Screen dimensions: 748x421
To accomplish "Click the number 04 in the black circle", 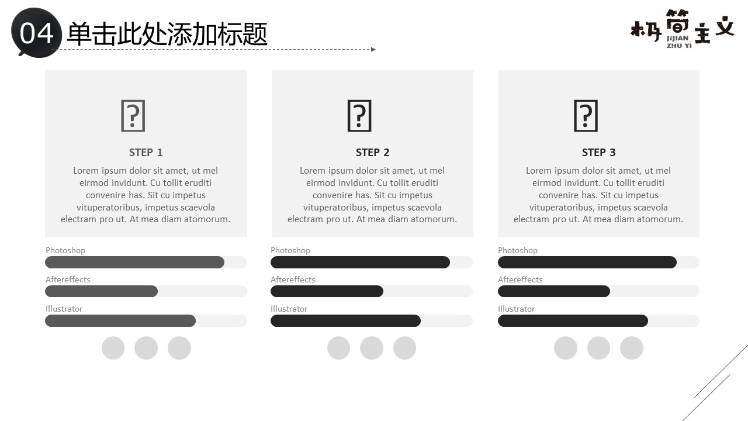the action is pos(36,34).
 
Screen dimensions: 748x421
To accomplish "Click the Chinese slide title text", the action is pos(167,34).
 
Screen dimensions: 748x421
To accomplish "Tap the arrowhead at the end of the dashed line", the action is pos(373,50).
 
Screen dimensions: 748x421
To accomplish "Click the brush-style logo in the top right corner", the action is pos(682,29).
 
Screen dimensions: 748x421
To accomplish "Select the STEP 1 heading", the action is pos(146,153).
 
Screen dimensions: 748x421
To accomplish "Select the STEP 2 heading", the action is pos(372,153).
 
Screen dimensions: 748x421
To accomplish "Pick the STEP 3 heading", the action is pos(599,153).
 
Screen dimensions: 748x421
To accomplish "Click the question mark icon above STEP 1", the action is pos(133,116).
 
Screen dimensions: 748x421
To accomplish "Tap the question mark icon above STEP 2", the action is pos(359,116).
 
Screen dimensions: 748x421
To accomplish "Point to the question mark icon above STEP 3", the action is pos(586,116).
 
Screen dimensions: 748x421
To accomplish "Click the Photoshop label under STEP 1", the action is pos(65,251).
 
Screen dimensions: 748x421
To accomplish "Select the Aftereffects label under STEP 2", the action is pos(293,279).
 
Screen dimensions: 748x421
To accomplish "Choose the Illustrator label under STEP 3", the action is pos(516,309).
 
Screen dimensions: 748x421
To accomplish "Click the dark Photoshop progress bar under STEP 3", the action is pos(587,263).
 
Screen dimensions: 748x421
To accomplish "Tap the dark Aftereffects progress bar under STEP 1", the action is pos(102,291).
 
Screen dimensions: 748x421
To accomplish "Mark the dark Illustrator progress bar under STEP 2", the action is pos(345,321).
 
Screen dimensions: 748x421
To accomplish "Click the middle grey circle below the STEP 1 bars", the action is pos(146,348).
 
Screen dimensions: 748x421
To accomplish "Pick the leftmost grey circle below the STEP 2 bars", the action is pos(338,348).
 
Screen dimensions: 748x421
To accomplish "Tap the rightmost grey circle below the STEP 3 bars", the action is pos(632,348).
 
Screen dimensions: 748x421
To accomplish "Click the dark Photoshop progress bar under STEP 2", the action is pos(361,263).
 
